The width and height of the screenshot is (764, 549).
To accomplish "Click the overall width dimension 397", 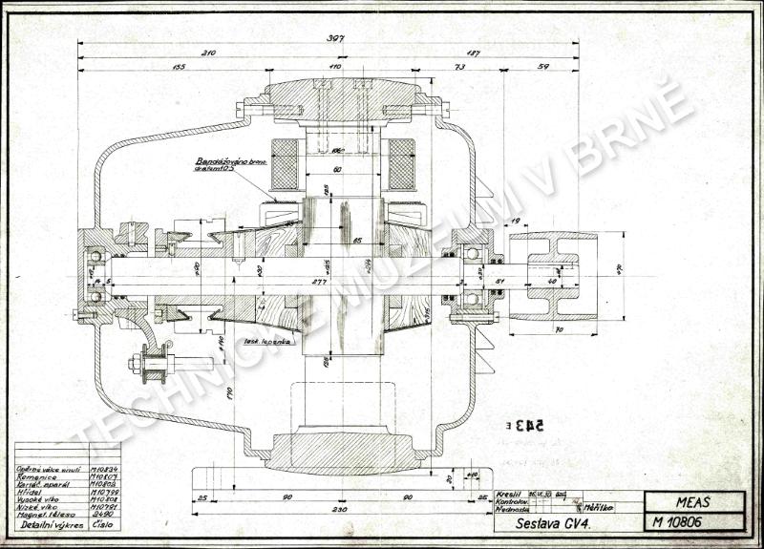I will click(x=333, y=39).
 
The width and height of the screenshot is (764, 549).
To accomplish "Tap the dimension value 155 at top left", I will click(x=178, y=68).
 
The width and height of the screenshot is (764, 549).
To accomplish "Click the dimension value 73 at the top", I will click(x=460, y=68).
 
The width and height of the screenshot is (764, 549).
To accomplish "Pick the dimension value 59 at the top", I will click(x=544, y=68).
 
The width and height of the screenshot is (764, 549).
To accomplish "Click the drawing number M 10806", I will click(x=679, y=522).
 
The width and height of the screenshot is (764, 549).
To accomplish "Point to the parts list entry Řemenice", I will click(x=38, y=477).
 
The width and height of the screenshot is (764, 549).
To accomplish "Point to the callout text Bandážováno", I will click(x=223, y=163).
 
